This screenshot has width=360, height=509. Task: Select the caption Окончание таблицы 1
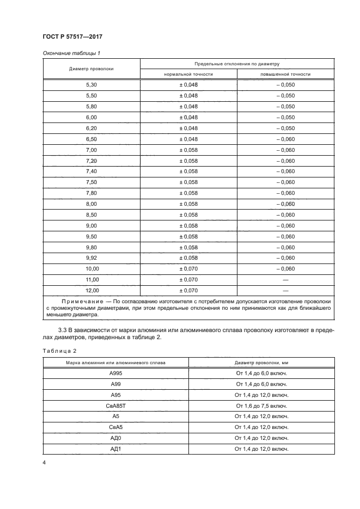71,53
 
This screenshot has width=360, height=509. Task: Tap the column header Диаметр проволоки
91,69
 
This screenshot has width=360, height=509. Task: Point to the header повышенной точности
285,74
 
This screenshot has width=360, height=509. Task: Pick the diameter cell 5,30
91,85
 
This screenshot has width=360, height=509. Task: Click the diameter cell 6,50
91,139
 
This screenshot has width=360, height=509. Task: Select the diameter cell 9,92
91,258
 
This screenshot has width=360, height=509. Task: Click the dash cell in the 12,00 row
285,291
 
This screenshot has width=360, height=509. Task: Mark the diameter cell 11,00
91,280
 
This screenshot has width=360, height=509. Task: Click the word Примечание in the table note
81,301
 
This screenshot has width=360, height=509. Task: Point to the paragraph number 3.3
63,330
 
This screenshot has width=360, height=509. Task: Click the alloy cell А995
115,373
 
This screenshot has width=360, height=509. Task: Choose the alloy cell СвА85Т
115,406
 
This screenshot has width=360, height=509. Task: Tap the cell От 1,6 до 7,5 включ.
261,406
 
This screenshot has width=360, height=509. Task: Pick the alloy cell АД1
115,449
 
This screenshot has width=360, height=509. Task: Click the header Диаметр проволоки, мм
261,362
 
